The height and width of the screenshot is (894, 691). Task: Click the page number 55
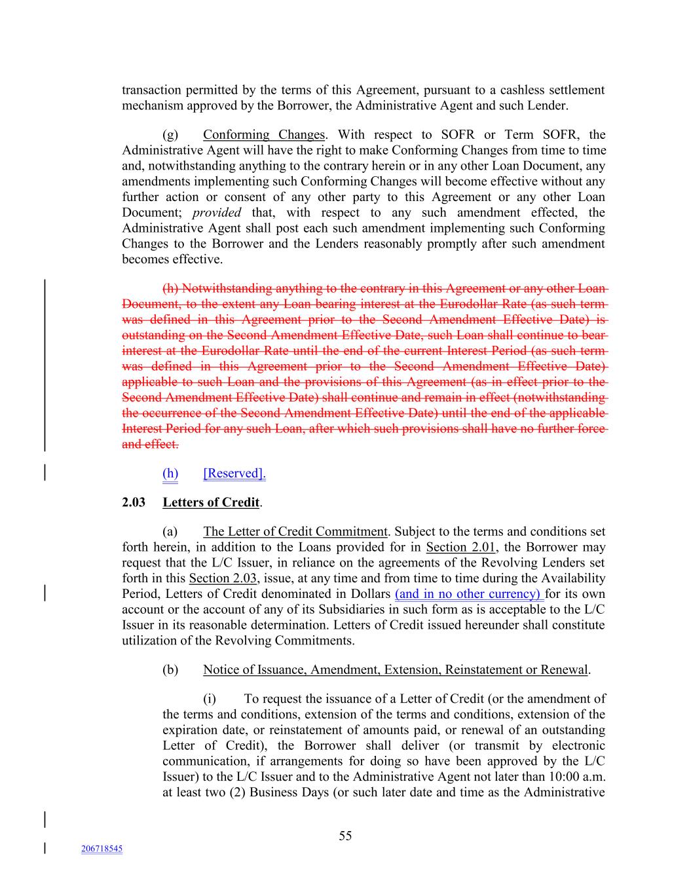345,836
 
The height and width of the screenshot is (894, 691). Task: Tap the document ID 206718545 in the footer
102,849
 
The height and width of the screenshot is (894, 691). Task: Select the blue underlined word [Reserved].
234,474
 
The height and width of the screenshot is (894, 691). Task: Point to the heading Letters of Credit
211,502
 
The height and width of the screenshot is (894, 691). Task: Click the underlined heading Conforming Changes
263,135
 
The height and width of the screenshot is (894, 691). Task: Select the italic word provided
217,213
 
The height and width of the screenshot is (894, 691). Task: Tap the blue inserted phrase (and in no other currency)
469,594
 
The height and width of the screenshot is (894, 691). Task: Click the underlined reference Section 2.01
460,548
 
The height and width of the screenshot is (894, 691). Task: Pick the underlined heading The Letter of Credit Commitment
295,532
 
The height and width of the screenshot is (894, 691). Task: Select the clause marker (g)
170,135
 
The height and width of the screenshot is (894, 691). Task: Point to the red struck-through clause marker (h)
170,289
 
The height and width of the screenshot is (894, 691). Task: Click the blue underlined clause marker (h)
170,474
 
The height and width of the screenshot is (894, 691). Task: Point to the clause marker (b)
170,670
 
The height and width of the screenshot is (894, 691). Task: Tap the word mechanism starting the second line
151,105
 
